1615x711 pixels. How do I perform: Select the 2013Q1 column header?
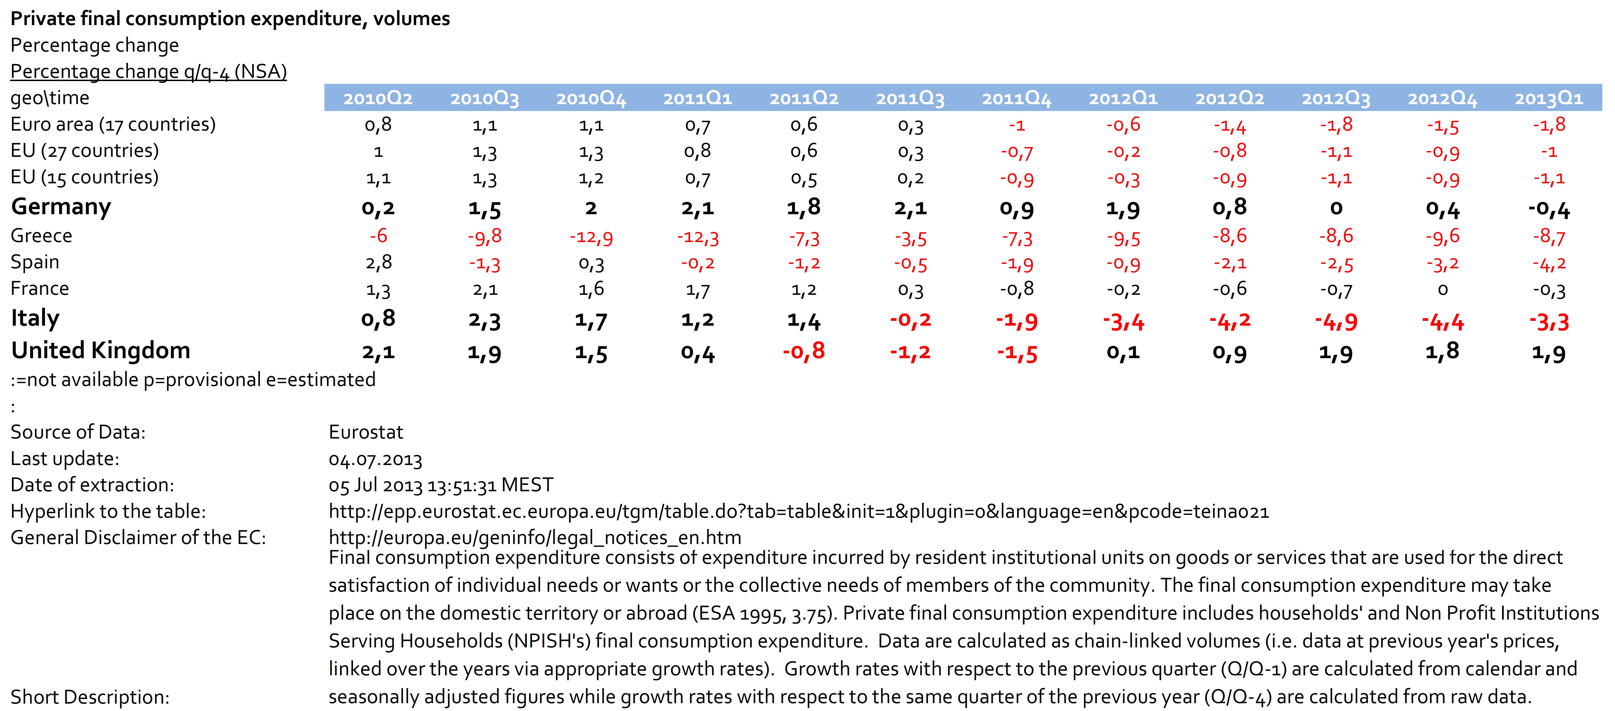1549,98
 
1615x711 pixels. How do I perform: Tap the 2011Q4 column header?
1016,98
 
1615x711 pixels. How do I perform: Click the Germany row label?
61,206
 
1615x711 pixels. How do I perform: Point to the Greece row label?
41,236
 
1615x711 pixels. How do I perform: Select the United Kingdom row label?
100,351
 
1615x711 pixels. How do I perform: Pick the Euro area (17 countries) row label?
113,124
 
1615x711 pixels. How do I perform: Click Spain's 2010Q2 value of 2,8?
378,262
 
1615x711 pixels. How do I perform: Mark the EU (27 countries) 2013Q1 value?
1549,152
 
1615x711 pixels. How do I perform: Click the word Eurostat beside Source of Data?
366,432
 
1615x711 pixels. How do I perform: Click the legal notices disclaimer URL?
535,537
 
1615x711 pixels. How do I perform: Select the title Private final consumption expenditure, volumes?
230,19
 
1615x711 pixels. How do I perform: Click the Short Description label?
90,696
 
